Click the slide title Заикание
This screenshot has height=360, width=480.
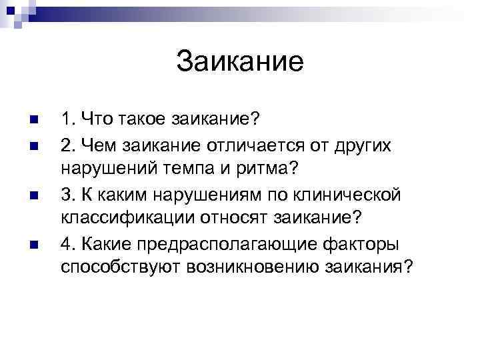(x=240, y=62)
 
